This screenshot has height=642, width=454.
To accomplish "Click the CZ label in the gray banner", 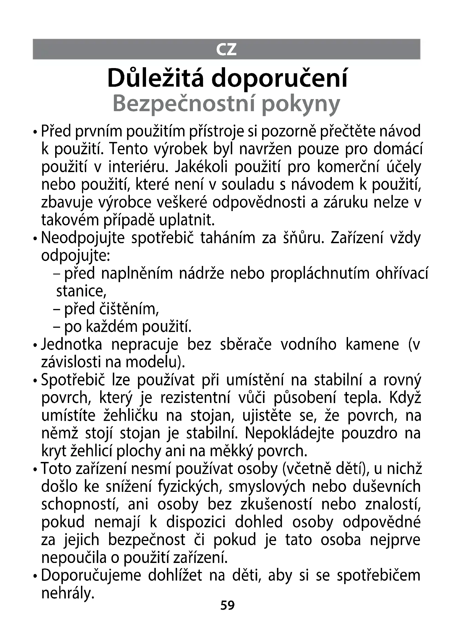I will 226,49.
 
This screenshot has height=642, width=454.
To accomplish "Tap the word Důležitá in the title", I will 155,78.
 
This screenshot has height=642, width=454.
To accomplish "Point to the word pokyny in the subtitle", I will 301,105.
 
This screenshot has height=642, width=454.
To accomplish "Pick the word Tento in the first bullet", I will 128,149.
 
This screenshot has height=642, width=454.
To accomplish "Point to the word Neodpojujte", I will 83,238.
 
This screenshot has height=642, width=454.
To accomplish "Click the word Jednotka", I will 72,344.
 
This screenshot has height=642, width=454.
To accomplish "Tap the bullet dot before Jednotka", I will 35,346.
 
